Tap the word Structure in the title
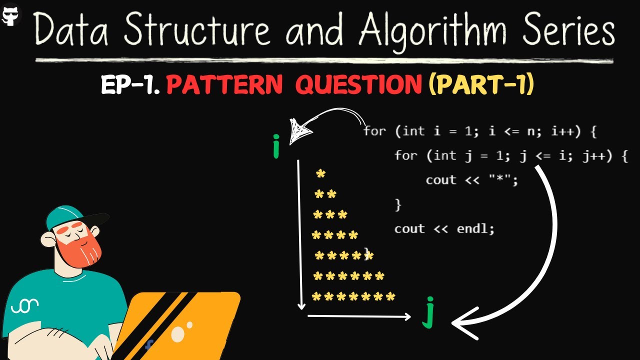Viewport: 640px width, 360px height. pyautogui.click(x=196, y=31)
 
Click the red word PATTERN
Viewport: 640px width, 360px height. pyautogui.click(x=224, y=86)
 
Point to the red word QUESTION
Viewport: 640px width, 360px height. pyautogui.click(x=358, y=86)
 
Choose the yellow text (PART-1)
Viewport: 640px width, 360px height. pyautogui.click(x=481, y=86)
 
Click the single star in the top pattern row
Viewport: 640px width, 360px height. pyautogui.click(x=321, y=174)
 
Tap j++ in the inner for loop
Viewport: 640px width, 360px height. pyautogui.click(x=595, y=156)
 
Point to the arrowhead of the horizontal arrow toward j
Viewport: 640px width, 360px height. pyautogui.click(x=406, y=316)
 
